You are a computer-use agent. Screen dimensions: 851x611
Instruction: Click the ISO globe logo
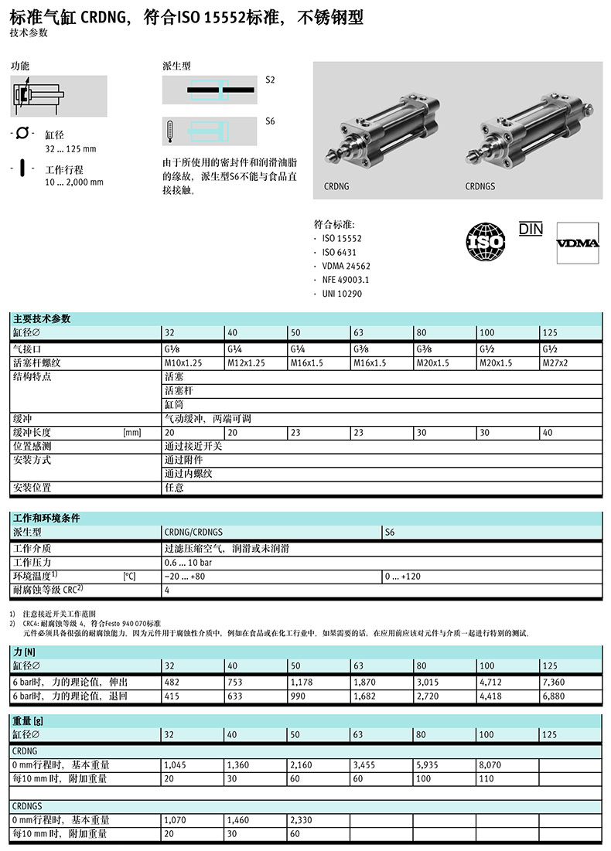pos(485,241)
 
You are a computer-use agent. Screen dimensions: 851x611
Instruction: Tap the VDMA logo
pos(578,243)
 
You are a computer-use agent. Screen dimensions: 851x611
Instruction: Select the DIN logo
pos(531,229)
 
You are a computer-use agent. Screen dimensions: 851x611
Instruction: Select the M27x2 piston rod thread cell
pos(555,363)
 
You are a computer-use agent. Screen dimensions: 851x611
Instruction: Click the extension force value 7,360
pos(555,683)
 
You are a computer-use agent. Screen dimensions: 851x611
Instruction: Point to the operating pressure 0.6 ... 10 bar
pos(188,563)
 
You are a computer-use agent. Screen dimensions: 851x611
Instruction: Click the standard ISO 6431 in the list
pos(341,252)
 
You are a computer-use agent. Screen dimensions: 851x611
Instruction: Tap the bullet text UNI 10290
pos(342,294)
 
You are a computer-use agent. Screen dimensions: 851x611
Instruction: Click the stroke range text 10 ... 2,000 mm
pos(74,182)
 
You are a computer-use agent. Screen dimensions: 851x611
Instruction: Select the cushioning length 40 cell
pos(548,433)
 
